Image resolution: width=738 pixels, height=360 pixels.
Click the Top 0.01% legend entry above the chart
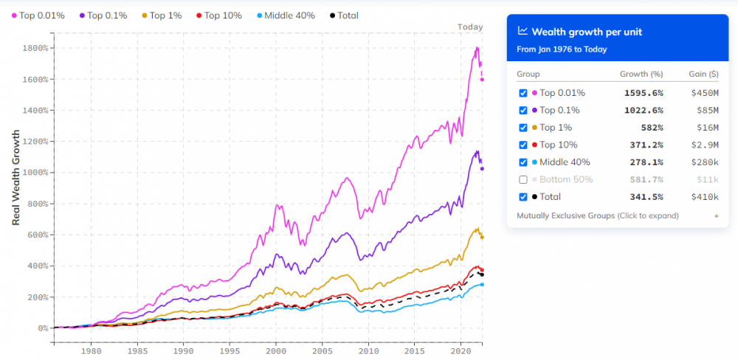click(x=38, y=15)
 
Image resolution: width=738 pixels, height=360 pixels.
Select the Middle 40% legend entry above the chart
click(x=286, y=15)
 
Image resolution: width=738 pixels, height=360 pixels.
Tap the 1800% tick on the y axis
click(x=35, y=48)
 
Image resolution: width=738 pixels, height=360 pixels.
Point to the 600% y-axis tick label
click(x=38, y=235)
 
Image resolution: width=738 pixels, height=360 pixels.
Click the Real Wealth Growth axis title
click(x=16, y=177)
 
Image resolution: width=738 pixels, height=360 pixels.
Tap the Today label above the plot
click(x=470, y=27)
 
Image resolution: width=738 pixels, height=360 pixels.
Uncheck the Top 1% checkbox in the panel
click(x=523, y=128)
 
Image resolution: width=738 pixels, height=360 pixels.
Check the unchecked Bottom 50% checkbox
click(x=523, y=179)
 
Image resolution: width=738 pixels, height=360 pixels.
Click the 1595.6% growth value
click(x=644, y=93)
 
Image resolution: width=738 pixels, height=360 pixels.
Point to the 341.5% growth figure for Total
click(x=647, y=197)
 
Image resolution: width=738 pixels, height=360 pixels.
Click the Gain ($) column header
click(x=703, y=74)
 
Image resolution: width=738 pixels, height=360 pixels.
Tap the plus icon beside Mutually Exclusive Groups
click(x=717, y=216)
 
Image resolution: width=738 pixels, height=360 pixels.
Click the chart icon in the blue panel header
click(x=523, y=31)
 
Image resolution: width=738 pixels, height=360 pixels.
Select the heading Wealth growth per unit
click(x=587, y=32)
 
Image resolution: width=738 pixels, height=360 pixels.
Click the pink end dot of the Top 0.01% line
click(x=482, y=80)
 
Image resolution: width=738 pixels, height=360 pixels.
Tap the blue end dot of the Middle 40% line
click(x=482, y=284)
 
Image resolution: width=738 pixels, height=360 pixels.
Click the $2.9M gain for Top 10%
click(x=708, y=145)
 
